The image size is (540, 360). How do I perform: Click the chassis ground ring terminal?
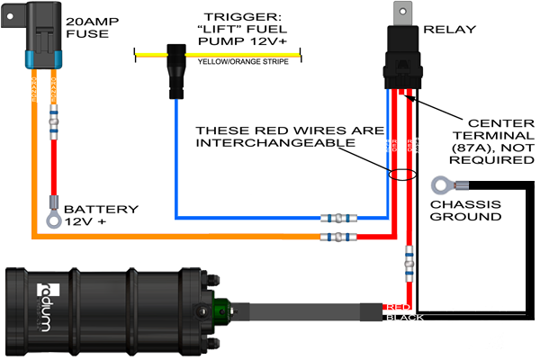442,186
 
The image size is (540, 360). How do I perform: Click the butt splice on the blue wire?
340,218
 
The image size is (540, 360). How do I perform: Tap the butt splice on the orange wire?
340,238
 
